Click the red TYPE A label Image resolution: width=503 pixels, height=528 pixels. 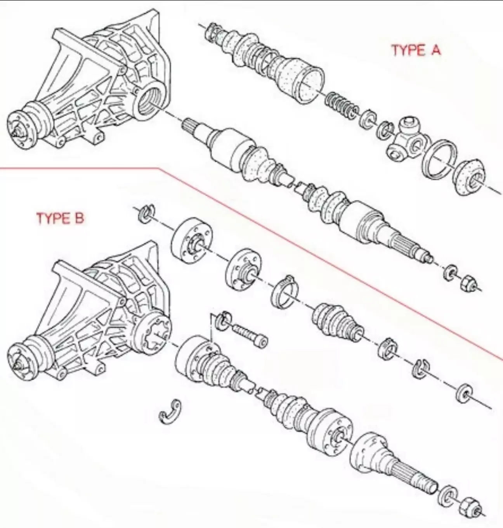pos(416,50)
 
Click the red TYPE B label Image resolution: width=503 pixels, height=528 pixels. pos(60,218)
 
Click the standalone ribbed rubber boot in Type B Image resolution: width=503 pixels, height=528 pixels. pos(338,323)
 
